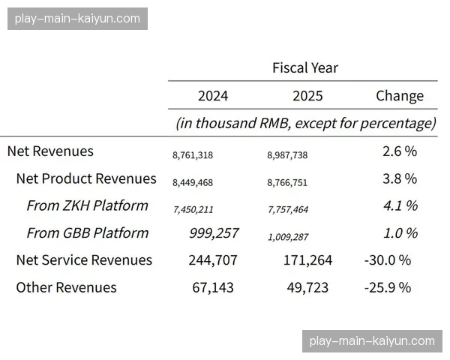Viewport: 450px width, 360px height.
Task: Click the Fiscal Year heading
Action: [304, 67]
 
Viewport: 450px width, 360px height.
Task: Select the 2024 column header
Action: [213, 96]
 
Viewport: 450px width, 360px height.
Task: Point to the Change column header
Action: [400, 96]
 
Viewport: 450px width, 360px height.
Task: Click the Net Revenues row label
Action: [50, 151]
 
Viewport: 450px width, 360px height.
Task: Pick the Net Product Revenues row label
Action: [86, 178]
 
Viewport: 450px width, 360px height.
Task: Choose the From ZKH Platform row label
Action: [87, 205]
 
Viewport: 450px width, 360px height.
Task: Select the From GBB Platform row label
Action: [87, 232]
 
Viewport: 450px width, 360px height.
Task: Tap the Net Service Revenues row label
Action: [84, 260]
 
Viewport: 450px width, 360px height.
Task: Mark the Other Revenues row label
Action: [66, 287]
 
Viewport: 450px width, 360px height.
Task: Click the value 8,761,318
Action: [193, 155]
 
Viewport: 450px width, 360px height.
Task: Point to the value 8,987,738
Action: [287, 155]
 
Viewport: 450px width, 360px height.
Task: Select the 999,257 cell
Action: [214, 233]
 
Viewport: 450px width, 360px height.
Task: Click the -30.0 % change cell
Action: [387, 260]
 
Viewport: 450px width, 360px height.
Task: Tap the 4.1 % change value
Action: [400, 205]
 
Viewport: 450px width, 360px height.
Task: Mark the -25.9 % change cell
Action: [387, 287]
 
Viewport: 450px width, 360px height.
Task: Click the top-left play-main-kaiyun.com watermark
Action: [77, 18]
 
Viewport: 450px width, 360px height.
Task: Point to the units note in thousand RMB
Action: [306, 123]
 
